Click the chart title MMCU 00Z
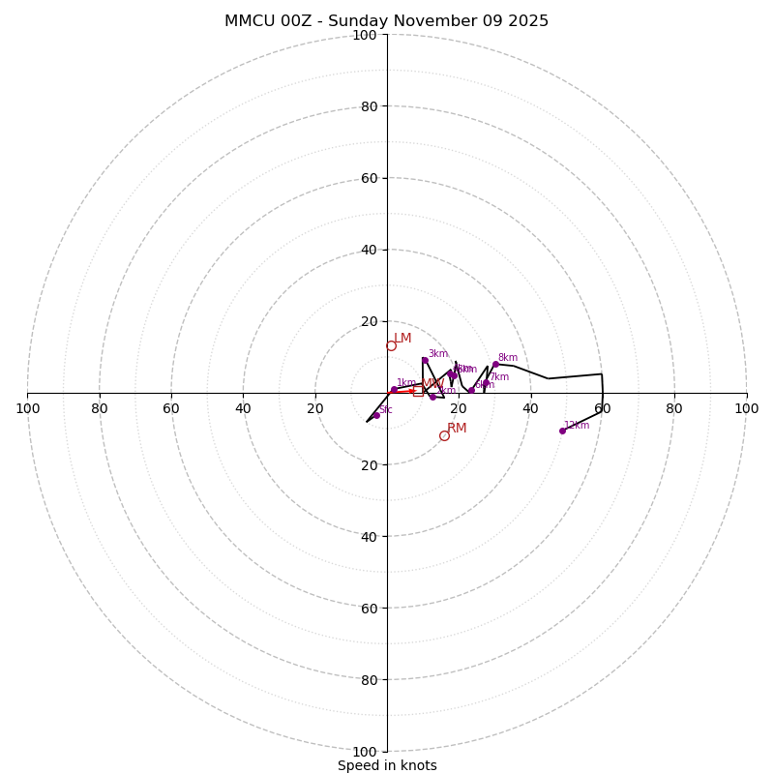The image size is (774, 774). (x=386, y=21)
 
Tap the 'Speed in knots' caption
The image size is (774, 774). (x=387, y=765)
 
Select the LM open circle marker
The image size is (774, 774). (x=391, y=345)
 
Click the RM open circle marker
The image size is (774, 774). (x=444, y=435)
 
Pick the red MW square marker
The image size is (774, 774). (x=418, y=391)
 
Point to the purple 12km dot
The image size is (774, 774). (x=562, y=431)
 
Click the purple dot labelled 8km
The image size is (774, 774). (x=495, y=365)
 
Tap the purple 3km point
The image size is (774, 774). (x=425, y=360)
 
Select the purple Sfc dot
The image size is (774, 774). (x=376, y=415)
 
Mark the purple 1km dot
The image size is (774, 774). (x=394, y=390)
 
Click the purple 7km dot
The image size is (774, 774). (x=486, y=382)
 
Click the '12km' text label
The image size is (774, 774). (x=577, y=425)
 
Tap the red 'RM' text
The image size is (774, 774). (x=457, y=428)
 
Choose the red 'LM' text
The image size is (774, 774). (x=402, y=338)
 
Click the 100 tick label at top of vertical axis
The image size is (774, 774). (x=365, y=35)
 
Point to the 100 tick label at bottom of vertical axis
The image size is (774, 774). (x=365, y=752)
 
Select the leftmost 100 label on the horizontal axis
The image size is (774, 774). (x=27, y=408)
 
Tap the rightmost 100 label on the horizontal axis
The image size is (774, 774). (x=747, y=408)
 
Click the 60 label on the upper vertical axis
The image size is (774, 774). (x=369, y=178)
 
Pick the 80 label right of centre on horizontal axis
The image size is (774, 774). (x=674, y=408)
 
